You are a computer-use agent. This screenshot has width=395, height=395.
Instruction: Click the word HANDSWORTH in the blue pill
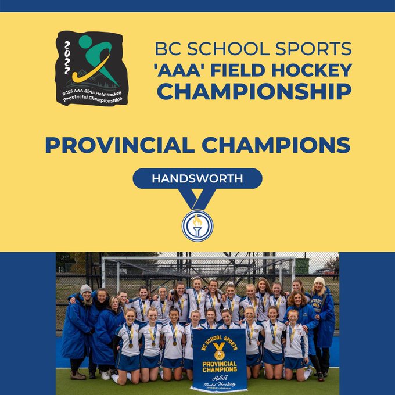click(198, 178)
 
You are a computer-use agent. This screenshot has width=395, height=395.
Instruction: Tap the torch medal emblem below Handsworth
click(198, 226)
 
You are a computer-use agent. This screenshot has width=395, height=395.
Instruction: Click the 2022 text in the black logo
click(67, 58)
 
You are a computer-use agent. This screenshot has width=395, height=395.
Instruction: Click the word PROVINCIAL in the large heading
click(120, 145)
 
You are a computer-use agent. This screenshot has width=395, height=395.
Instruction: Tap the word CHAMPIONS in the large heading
click(276, 145)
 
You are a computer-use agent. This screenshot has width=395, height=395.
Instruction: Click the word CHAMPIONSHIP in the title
click(254, 91)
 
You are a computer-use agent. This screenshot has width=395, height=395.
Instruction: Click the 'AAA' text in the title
click(179, 70)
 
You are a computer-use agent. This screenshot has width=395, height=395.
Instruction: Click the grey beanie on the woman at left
click(85, 289)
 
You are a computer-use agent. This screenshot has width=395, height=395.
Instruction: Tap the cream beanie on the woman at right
click(319, 281)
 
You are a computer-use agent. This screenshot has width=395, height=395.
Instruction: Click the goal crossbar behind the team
click(198, 258)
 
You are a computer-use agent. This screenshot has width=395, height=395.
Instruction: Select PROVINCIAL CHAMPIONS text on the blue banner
click(220, 367)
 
